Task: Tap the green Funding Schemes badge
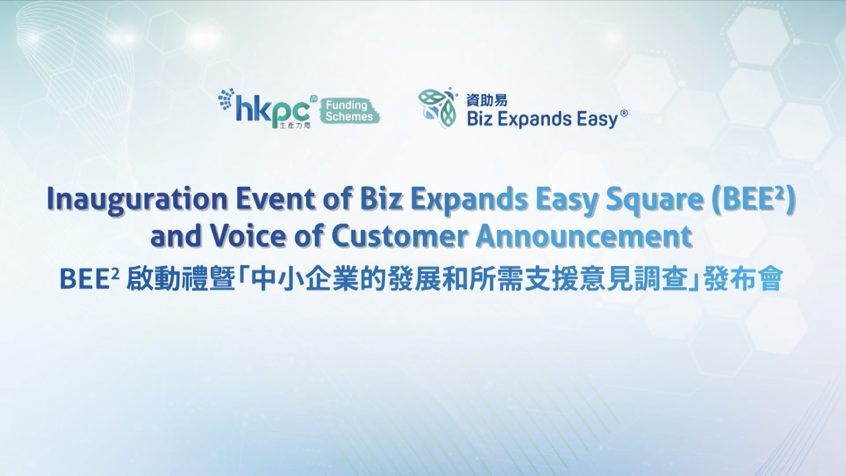pos(349,111)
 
